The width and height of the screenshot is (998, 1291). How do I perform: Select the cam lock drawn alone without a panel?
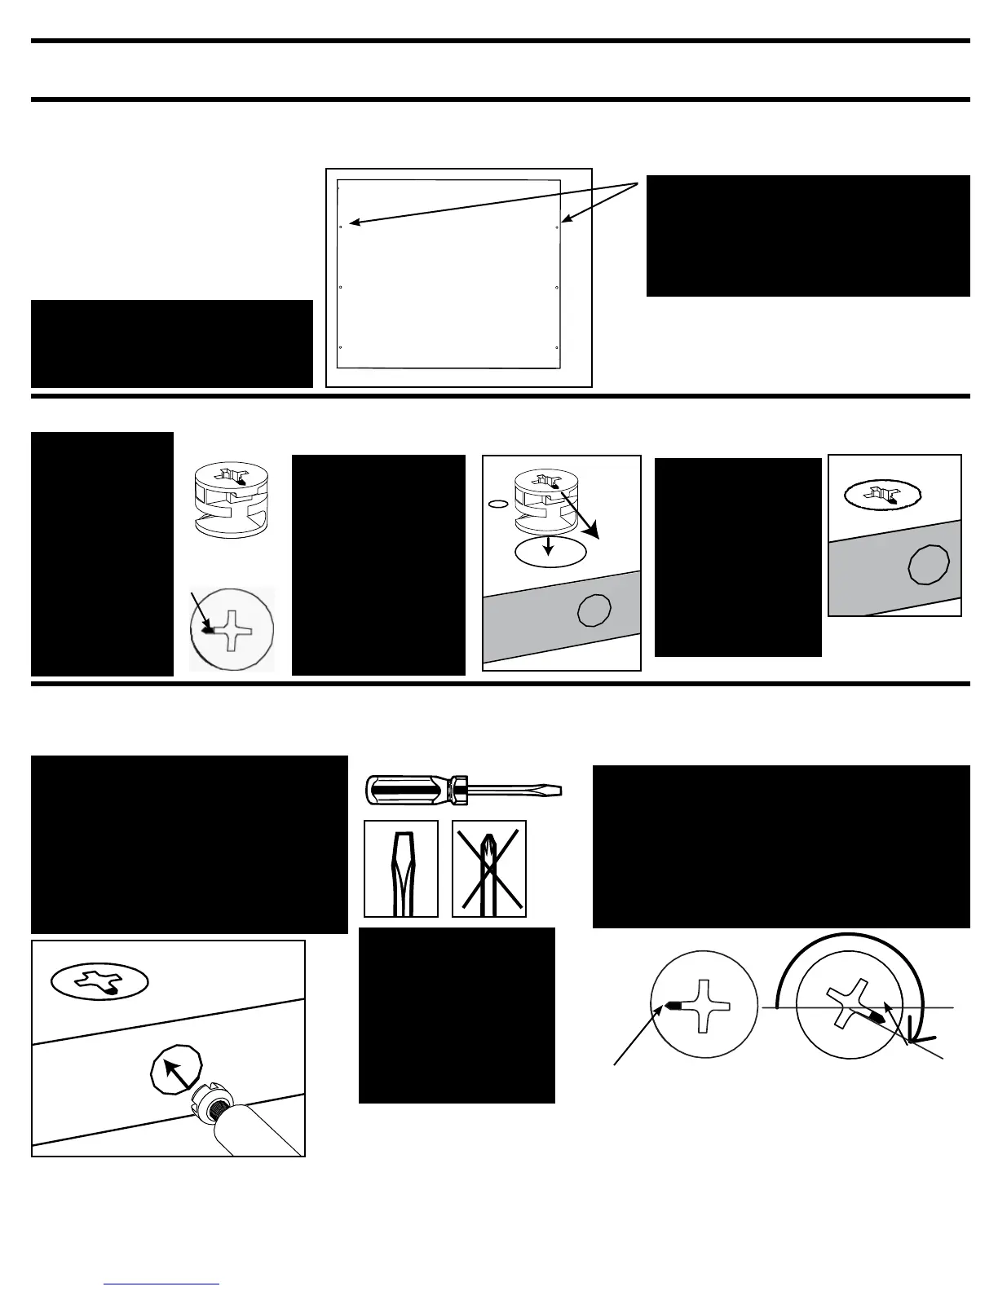click(232, 500)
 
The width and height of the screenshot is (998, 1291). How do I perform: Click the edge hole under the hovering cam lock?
click(594, 610)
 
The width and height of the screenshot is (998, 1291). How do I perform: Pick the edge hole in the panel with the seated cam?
click(929, 564)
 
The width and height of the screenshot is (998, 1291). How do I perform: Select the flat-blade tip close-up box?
click(401, 869)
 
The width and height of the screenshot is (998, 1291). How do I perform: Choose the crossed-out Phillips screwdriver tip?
click(489, 869)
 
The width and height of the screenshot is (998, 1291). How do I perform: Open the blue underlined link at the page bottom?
click(161, 1284)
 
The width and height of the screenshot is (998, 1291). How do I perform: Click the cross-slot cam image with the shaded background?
click(232, 630)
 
